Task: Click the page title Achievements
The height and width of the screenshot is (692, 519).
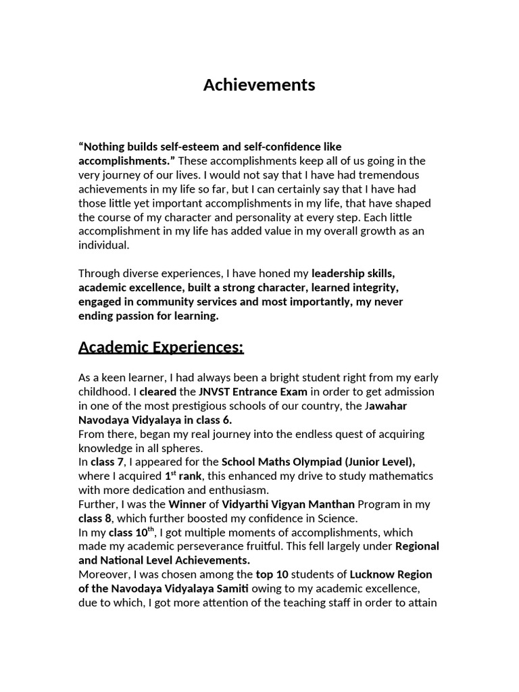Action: pyautogui.click(x=259, y=85)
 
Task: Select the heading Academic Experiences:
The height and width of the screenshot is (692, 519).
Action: pyautogui.click(x=161, y=347)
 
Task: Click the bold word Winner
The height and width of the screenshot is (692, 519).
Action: pyautogui.click(x=187, y=504)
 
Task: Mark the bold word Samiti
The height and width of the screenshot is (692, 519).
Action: pyautogui.click(x=228, y=589)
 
